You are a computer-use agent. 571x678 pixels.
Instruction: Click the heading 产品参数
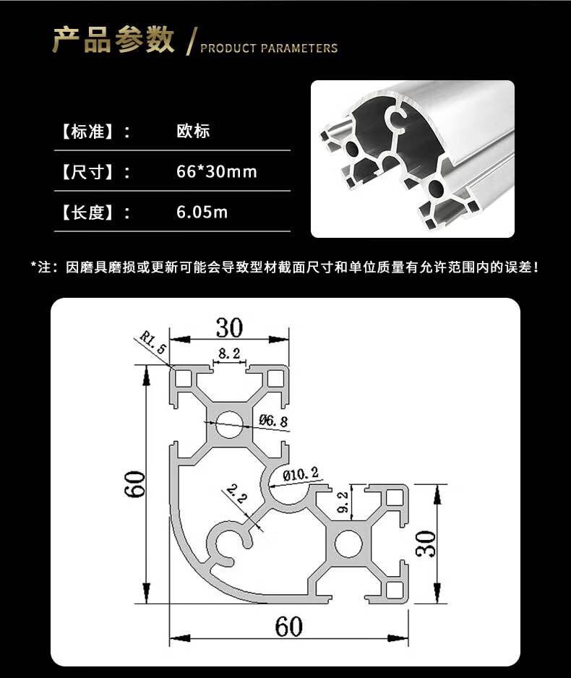pyautogui.click(x=113, y=40)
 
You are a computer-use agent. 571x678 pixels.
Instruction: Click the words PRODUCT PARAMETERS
pyautogui.click(x=269, y=48)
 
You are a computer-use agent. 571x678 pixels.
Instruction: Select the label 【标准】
pyautogui.click(x=86, y=132)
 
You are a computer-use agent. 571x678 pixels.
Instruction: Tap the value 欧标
pyautogui.click(x=193, y=132)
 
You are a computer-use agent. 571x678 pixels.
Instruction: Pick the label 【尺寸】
pyautogui.click(x=86, y=172)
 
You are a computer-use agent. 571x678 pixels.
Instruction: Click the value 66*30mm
pyautogui.click(x=217, y=172)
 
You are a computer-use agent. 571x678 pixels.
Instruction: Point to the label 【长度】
pyautogui.click(x=86, y=213)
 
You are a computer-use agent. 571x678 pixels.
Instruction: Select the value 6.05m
pyautogui.click(x=202, y=213)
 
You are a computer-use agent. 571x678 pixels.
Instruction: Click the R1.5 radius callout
pyautogui.click(x=153, y=342)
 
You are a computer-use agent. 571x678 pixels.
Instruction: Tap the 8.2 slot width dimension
pyautogui.click(x=229, y=353)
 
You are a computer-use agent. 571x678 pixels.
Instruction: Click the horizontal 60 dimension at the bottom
pyautogui.click(x=288, y=626)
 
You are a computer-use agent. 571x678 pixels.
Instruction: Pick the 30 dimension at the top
pyautogui.click(x=229, y=328)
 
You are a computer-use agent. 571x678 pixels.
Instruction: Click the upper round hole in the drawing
pyautogui.click(x=230, y=423)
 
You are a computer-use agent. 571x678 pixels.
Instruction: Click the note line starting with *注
pyautogui.click(x=285, y=267)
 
